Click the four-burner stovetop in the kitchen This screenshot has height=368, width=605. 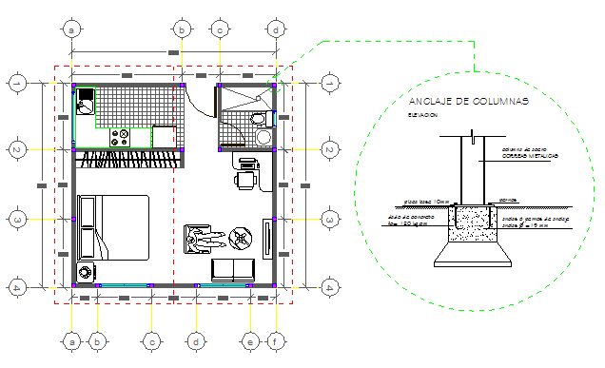[x=121, y=137]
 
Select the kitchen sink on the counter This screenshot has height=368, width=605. [x=86, y=105]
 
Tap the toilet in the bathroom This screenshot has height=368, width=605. [x=259, y=118]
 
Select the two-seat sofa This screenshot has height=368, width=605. [x=231, y=269]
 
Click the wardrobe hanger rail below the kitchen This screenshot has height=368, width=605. [x=126, y=155]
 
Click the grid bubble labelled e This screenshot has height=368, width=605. [x=250, y=339]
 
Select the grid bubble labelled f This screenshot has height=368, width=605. [x=275, y=339]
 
